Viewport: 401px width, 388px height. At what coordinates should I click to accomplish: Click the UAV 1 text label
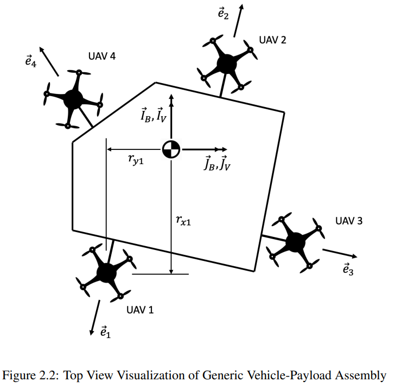point(140,310)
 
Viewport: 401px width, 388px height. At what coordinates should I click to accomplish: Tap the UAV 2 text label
point(272,40)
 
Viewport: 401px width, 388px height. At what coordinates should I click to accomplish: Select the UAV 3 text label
point(349,221)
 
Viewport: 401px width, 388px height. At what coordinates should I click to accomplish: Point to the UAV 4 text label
point(102,56)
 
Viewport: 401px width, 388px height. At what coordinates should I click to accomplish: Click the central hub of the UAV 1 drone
point(107,272)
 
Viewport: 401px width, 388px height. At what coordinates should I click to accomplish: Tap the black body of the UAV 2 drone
point(227,64)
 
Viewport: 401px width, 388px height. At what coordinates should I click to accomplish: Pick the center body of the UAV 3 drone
point(295,242)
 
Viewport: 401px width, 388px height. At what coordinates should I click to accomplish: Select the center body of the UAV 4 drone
point(73,99)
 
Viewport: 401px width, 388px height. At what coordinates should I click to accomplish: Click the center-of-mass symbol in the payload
point(171,149)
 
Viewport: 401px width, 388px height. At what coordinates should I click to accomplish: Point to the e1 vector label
point(106,331)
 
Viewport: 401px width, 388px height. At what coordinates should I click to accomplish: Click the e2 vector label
point(223,14)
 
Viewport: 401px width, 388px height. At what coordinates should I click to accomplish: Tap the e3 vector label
point(348,269)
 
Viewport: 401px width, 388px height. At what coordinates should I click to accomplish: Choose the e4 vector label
point(31,61)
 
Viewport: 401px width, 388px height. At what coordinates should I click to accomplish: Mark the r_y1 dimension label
point(136,160)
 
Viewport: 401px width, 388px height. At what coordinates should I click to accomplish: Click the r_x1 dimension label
point(183,220)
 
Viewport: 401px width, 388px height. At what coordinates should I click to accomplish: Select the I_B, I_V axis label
point(154,115)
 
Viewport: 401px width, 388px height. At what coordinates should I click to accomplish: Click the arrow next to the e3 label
point(340,253)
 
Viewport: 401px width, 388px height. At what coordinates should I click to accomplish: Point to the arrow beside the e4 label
point(49,61)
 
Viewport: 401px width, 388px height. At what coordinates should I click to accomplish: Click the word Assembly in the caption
point(361,376)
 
